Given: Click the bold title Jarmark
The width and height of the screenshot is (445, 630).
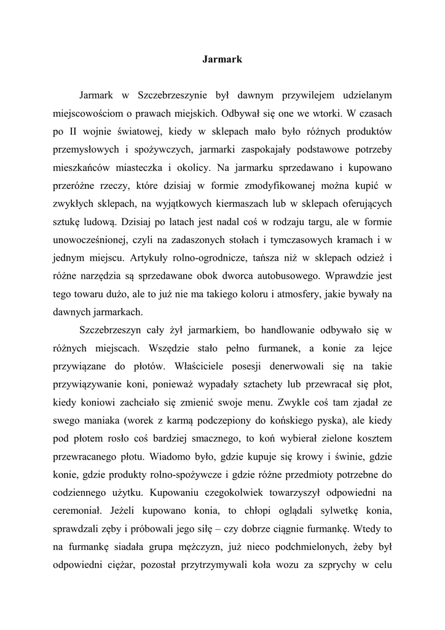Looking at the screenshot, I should [222, 60].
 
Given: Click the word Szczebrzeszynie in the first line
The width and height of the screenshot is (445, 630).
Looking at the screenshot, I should [173, 95].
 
